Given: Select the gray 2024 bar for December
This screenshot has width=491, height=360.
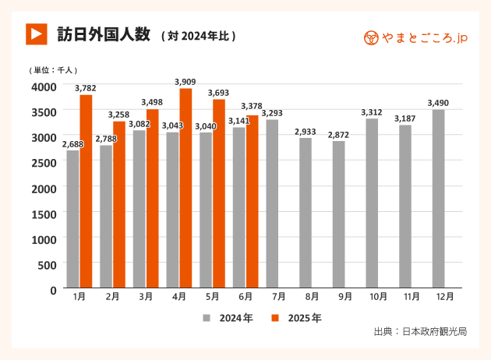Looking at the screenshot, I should point(438,199).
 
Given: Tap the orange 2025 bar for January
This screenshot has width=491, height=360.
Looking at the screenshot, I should point(86,192).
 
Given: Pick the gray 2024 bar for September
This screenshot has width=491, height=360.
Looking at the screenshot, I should point(338,214).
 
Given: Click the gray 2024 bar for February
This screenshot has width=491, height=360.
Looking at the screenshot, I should point(106,217).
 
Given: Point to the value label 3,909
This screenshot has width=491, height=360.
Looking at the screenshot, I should point(185,81).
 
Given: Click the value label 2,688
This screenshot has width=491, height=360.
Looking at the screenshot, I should point(72,143).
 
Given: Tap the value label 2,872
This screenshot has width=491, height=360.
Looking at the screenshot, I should point(338,135).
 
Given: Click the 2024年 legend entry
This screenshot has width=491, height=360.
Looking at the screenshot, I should point(228,318).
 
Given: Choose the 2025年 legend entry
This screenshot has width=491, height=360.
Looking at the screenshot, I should point(296,318).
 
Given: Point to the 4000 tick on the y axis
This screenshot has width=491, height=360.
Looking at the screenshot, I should point(43,86).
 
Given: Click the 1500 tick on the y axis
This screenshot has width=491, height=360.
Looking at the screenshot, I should point(43,214).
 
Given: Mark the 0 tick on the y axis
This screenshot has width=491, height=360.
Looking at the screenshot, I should point(53,290).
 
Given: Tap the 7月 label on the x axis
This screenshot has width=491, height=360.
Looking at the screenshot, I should point(278,297).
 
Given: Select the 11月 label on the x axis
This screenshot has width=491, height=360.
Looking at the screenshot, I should point(412,297).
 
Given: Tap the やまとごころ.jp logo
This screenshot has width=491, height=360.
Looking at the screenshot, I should point(416,37).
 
